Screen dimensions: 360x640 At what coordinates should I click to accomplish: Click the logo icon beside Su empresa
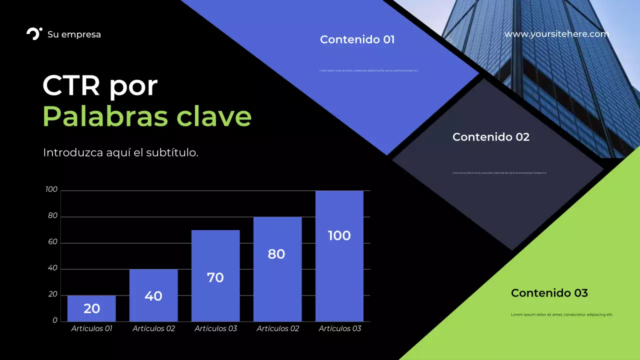[x=34, y=34]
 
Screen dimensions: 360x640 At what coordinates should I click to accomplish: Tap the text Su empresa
[x=74, y=34]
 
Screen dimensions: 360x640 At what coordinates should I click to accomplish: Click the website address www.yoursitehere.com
[x=556, y=34]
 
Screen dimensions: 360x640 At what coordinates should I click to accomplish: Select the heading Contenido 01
[x=357, y=39]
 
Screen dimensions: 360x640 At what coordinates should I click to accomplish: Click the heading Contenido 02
[x=490, y=137]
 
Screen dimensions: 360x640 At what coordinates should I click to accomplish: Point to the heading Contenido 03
[x=549, y=293]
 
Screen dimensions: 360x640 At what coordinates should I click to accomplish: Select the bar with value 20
[x=91, y=308]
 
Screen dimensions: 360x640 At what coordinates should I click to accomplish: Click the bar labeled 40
[x=153, y=295]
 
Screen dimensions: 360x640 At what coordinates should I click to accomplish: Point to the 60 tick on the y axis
[x=52, y=242]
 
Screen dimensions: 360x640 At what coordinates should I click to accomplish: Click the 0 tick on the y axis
[x=55, y=320]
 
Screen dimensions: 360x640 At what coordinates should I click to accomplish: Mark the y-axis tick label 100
[x=51, y=189]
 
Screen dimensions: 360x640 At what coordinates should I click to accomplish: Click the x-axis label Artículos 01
[x=91, y=328]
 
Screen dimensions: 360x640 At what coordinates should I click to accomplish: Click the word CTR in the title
[x=71, y=86]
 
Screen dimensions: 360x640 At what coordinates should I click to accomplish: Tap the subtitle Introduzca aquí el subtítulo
[x=120, y=152]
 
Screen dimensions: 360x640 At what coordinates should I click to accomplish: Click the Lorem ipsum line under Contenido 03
[x=561, y=314]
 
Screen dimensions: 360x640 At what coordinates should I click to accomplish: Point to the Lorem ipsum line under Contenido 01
[x=368, y=70]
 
